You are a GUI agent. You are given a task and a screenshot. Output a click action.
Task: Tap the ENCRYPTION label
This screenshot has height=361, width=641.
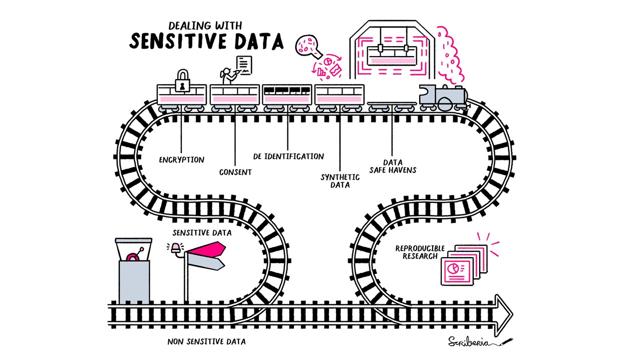(182, 160)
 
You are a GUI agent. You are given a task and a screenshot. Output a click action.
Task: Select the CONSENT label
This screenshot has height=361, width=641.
(235, 172)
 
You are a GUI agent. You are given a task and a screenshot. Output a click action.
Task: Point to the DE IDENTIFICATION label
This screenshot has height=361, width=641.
(288, 156)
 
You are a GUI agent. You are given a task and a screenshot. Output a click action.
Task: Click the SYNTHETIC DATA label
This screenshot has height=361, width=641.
(340, 181)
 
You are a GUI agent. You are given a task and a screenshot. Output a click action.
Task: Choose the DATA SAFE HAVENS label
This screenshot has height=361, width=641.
(393, 166)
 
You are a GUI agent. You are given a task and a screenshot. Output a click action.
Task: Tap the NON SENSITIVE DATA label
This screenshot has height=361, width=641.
(207, 342)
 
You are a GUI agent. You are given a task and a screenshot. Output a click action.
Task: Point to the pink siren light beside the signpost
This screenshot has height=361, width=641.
(175, 247)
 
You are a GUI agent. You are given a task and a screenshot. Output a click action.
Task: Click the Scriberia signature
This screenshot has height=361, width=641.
(472, 341)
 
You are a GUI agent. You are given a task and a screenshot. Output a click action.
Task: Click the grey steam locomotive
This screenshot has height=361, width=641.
(443, 98)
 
